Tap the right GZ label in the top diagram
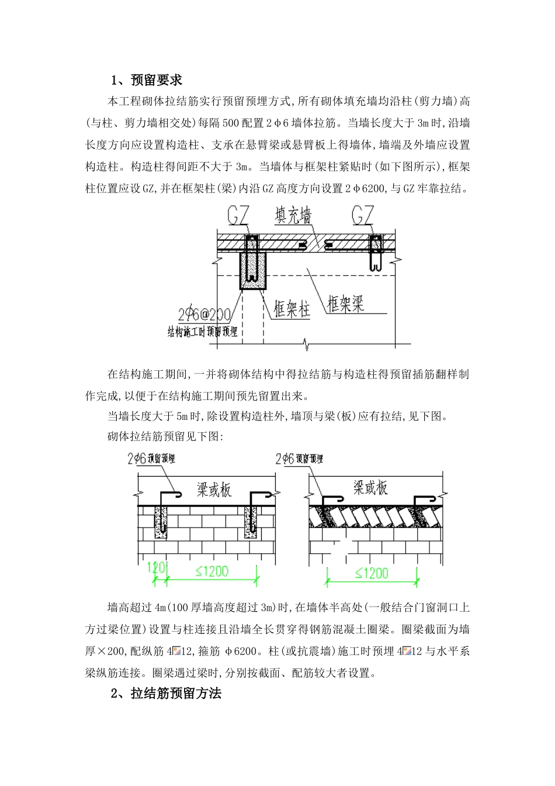tap(363, 216)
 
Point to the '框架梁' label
tap(346, 304)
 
